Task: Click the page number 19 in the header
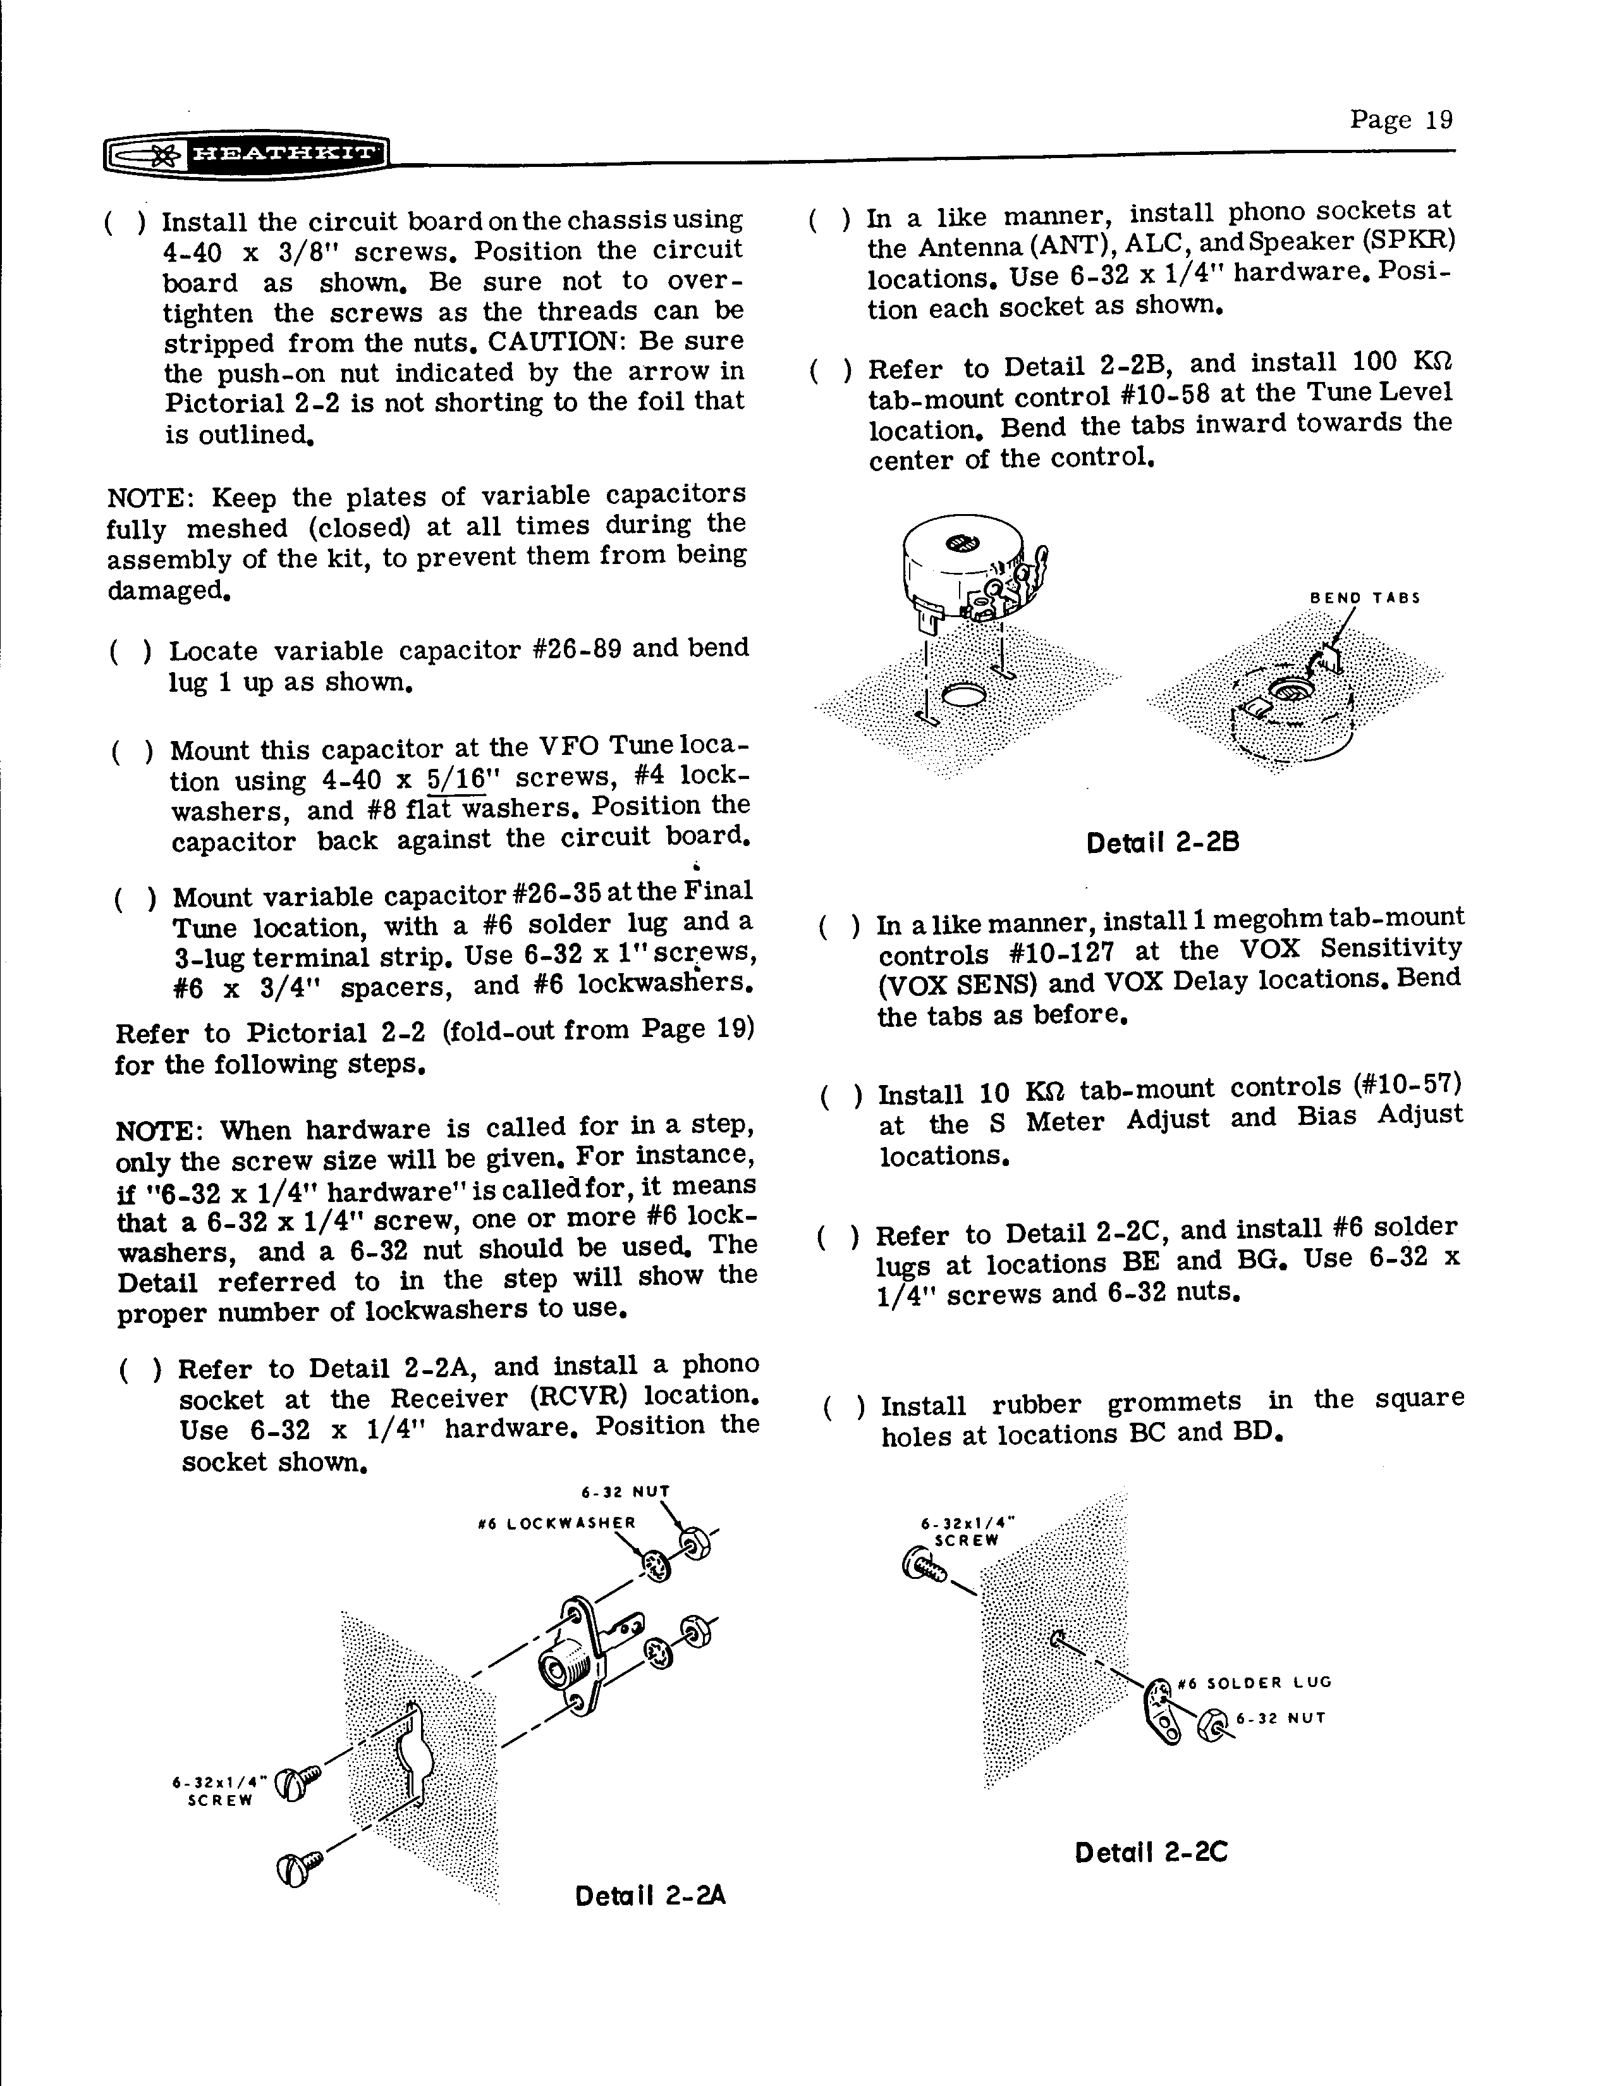1401,120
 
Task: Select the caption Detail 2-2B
1162,844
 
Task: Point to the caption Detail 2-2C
1151,1853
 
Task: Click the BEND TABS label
1365,598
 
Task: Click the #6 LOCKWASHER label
557,1523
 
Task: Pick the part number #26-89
576,649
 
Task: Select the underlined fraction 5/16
456,778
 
